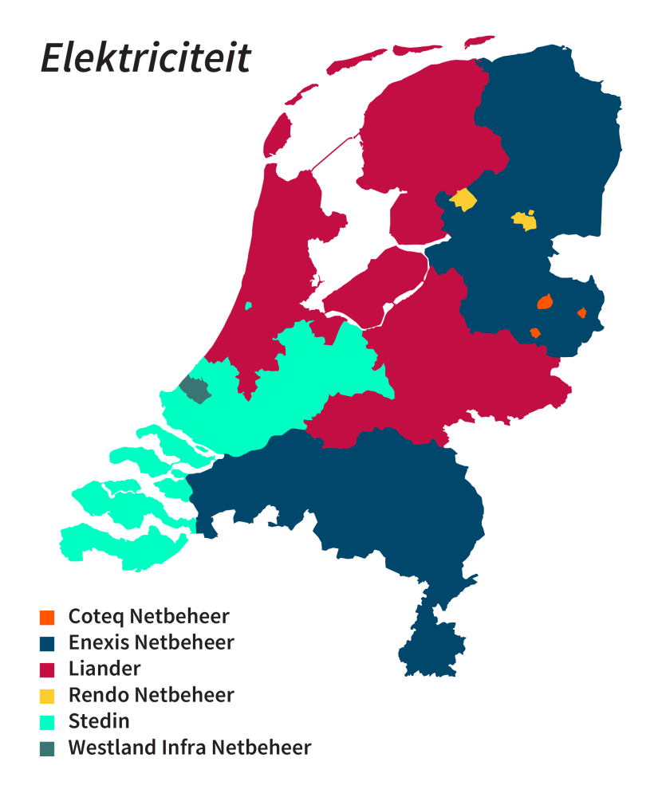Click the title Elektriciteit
146,58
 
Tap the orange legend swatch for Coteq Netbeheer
47,617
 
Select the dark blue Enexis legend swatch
47,643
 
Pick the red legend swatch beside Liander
47,669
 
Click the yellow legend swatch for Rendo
47,696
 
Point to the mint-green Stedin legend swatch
47,722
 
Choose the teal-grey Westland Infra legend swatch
47,748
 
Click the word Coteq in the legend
96,617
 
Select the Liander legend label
104,669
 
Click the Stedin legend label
99,721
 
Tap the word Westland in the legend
108,748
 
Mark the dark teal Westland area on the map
194,389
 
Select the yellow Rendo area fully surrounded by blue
524,220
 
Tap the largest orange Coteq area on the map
546,302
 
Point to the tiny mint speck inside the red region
249,305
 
